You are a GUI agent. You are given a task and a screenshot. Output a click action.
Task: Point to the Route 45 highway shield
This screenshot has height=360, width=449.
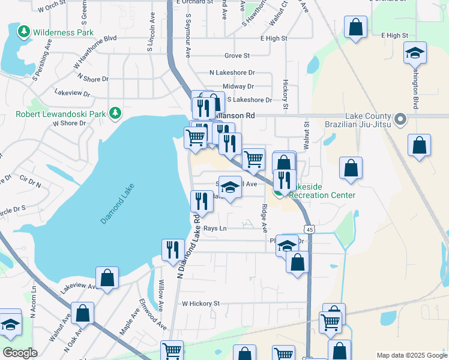[x=309, y=229]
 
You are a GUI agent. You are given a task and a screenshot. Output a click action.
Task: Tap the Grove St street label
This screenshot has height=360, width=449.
[x=237, y=56]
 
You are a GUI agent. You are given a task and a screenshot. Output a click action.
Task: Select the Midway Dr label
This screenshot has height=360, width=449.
[x=238, y=86]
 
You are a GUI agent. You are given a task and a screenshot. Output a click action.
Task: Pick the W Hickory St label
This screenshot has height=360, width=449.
[x=201, y=304]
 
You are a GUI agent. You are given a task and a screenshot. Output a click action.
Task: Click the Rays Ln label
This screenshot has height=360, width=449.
[x=215, y=229]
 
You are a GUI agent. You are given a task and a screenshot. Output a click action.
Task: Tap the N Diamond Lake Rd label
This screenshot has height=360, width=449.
[x=189, y=245]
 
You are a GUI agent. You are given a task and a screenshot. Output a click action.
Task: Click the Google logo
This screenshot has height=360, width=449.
[x=20, y=353]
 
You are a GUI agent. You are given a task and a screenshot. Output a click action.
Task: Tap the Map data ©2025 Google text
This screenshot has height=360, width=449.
[x=411, y=355]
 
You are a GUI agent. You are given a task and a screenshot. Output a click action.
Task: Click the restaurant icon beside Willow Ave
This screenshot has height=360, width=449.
[x=173, y=250]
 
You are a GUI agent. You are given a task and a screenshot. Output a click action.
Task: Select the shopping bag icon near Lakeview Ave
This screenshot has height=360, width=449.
[x=107, y=278]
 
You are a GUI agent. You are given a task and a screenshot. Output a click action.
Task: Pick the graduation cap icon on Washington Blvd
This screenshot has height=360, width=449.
[x=415, y=53]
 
